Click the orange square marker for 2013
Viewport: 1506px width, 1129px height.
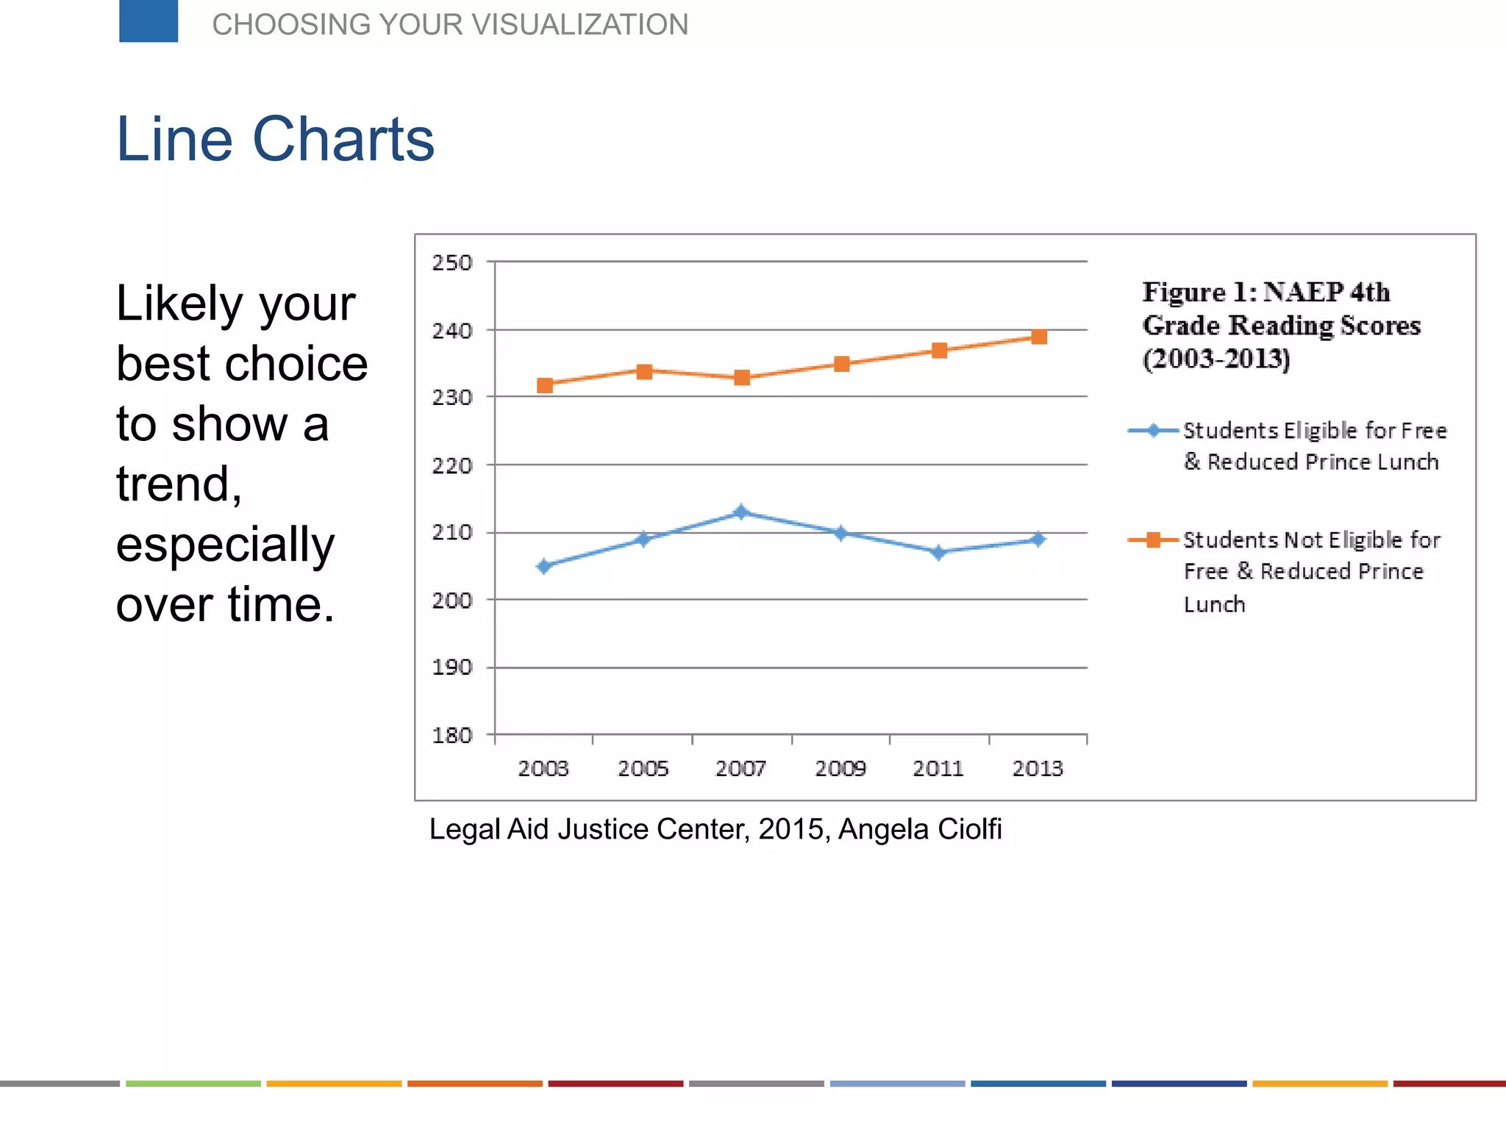pos(1038,337)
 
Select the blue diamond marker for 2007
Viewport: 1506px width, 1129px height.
pos(741,512)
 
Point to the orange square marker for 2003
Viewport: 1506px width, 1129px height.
pos(544,385)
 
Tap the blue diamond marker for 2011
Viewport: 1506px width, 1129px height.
pos(938,552)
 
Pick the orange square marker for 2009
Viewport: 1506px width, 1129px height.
pos(841,364)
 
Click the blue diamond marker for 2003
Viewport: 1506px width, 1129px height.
pos(544,566)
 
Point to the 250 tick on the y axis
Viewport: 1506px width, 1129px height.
pos(452,262)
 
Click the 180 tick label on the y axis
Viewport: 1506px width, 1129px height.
pos(452,735)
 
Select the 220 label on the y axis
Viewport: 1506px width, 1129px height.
pos(452,465)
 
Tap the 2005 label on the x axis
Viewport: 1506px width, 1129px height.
pos(643,769)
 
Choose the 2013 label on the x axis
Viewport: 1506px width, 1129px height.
pos(1038,769)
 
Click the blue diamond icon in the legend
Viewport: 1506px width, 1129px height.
pos(1153,431)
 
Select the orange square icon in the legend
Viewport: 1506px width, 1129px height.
pos(1153,540)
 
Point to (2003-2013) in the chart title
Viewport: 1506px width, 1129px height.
pos(1216,359)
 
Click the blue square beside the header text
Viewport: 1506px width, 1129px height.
pos(149,21)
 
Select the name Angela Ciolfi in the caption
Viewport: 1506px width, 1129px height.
pos(920,829)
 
